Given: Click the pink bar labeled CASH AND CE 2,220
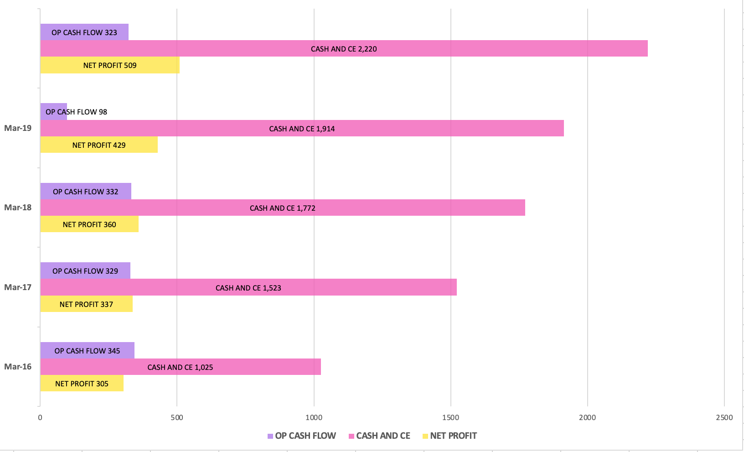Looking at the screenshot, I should coord(344,48).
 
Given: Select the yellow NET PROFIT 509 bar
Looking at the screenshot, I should coord(110,65).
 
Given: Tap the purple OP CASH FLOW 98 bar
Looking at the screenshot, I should coord(54,112).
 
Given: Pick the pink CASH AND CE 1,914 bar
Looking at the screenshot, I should coord(302,128).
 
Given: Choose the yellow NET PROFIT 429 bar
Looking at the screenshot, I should coord(99,145).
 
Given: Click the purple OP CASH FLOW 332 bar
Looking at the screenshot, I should coord(86,191).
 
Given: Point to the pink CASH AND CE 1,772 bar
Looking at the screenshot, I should coord(283,208).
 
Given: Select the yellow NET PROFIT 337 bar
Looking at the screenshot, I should coord(86,304).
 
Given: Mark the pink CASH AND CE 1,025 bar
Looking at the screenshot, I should coord(181,367).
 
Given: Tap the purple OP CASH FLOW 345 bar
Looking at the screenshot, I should coord(87,350).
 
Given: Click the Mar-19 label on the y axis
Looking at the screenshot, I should coord(18,128).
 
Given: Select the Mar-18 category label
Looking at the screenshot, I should coord(18,208).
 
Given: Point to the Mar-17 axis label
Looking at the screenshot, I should coord(18,287).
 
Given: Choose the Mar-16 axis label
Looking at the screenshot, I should coord(18,367).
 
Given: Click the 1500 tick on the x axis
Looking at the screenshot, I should coord(450,417).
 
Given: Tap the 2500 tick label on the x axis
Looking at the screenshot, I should coord(724,417).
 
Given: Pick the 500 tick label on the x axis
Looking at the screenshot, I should coord(177,417).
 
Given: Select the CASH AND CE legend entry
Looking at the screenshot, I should coord(379,436).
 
